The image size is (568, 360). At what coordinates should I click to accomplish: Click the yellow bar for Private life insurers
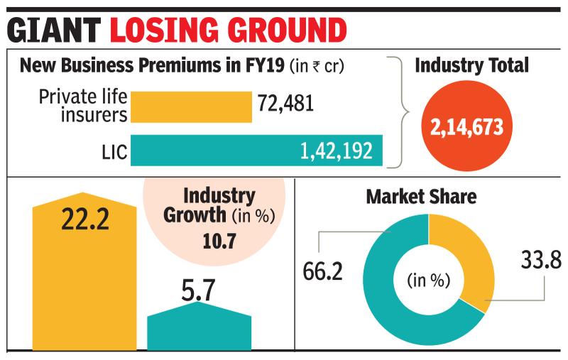[190, 107]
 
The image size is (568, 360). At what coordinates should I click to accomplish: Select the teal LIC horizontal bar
[256, 151]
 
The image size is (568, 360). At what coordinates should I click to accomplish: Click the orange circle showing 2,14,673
[466, 128]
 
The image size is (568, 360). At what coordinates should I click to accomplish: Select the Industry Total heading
[471, 67]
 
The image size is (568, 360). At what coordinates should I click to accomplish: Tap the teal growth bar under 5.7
[199, 330]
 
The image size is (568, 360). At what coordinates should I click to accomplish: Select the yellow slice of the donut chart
[469, 256]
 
